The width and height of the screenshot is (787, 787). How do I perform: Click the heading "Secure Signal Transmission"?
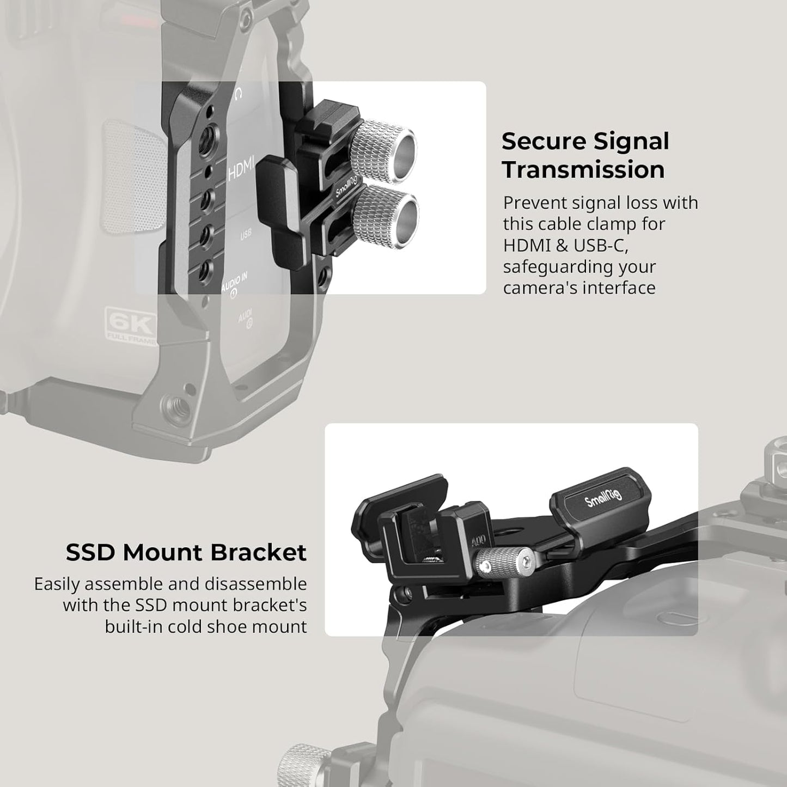click(x=585, y=155)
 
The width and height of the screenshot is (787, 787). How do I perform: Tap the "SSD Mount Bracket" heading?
click(x=186, y=552)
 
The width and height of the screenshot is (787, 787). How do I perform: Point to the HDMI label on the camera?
click(x=240, y=172)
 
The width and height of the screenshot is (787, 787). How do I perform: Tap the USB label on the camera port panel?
click(x=246, y=234)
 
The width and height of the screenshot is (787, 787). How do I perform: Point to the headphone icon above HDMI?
click(x=237, y=95)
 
